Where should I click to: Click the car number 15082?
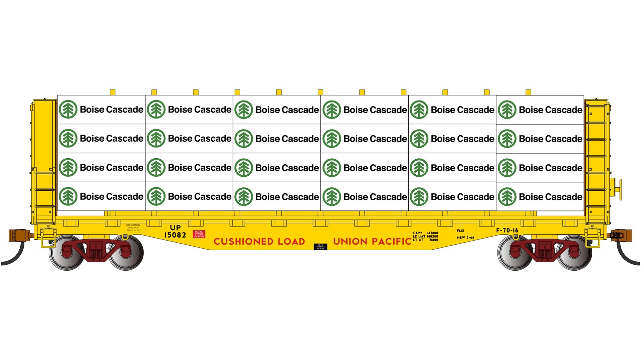[x=175, y=235]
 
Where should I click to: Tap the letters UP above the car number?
[x=175, y=228]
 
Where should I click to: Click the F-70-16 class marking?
[x=507, y=230]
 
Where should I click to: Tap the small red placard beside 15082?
[x=199, y=234]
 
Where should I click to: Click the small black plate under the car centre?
[x=320, y=247]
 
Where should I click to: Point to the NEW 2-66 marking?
[x=465, y=237]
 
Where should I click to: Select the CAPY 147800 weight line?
[x=425, y=233]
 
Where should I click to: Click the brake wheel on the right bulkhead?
[x=620, y=189]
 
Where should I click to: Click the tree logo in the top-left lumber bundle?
[x=68, y=109]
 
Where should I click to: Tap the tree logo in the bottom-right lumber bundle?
[x=507, y=197]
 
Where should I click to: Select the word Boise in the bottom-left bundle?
[x=92, y=196]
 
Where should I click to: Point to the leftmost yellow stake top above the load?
[x=113, y=92]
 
